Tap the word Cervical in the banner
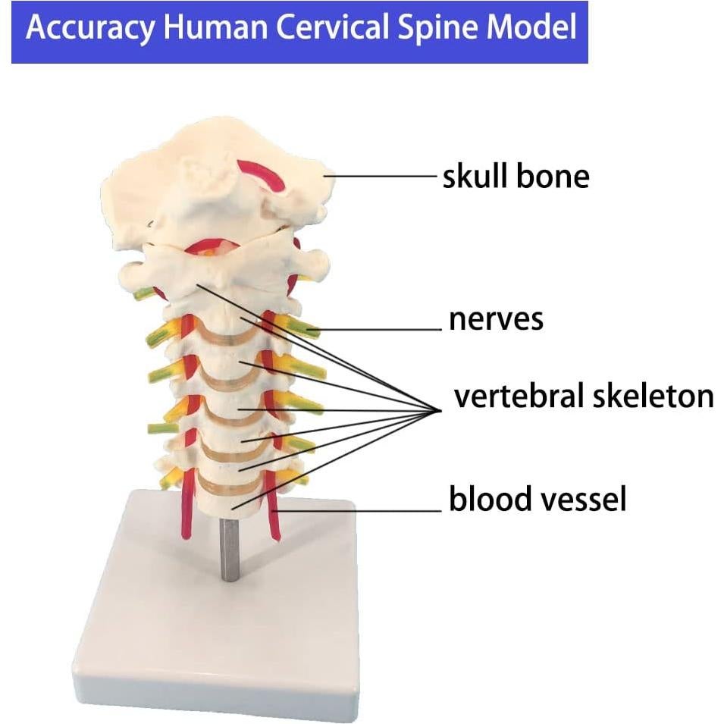[x=333, y=28]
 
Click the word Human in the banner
[x=210, y=28]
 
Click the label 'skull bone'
[x=516, y=177]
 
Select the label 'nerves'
[x=496, y=319]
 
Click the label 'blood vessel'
[x=538, y=500]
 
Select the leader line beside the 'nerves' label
[x=379, y=329]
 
